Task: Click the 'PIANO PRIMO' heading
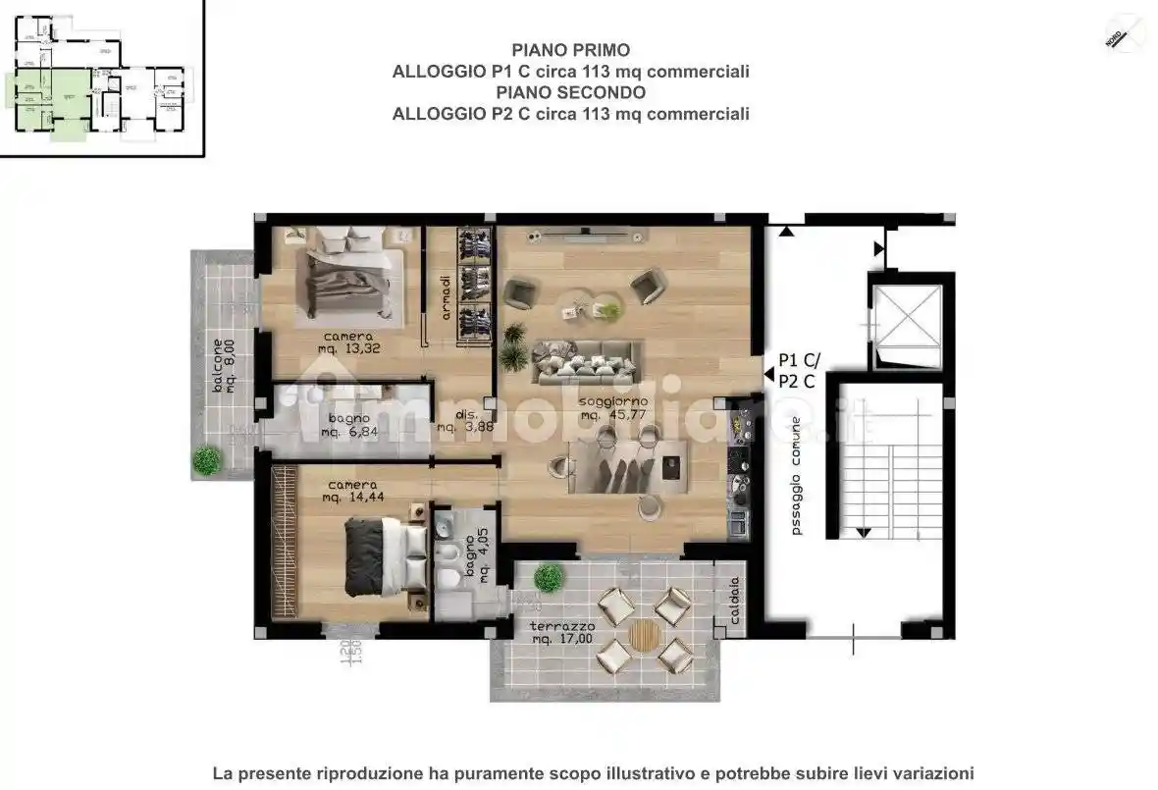[x=570, y=50]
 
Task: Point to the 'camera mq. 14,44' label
[x=352, y=491]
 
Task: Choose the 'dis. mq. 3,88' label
[x=457, y=420]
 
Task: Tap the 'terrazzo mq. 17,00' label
[x=562, y=632]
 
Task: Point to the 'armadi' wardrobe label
[x=446, y=297]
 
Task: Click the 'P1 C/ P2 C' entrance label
[x=796, y=371]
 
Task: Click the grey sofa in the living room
[x=587, y=363]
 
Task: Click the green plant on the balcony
[x=206, y=458]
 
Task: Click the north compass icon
[x=1125, y=32]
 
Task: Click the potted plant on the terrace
[x=549, y=578]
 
